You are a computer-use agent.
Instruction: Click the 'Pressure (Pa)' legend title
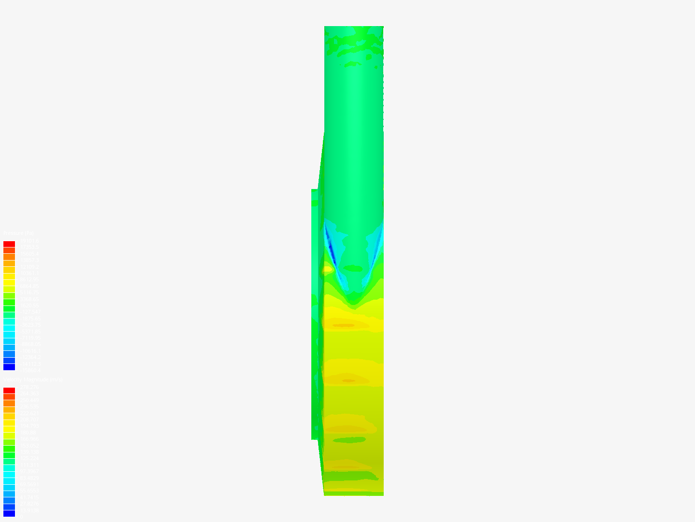tap(18, 233)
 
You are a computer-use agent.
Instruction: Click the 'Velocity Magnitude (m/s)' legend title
tap(33, 380)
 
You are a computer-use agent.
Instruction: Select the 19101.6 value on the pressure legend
tap(29, 241)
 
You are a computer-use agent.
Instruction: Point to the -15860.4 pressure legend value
tap(30, 370)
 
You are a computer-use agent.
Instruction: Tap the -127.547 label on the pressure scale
tap(30, 312)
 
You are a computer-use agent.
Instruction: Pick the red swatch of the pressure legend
tap(9, 244)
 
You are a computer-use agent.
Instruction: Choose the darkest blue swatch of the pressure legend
tap(9, 367)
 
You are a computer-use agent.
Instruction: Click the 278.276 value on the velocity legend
tap(29, 387)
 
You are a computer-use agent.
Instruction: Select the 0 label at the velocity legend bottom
tap(20, 517)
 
